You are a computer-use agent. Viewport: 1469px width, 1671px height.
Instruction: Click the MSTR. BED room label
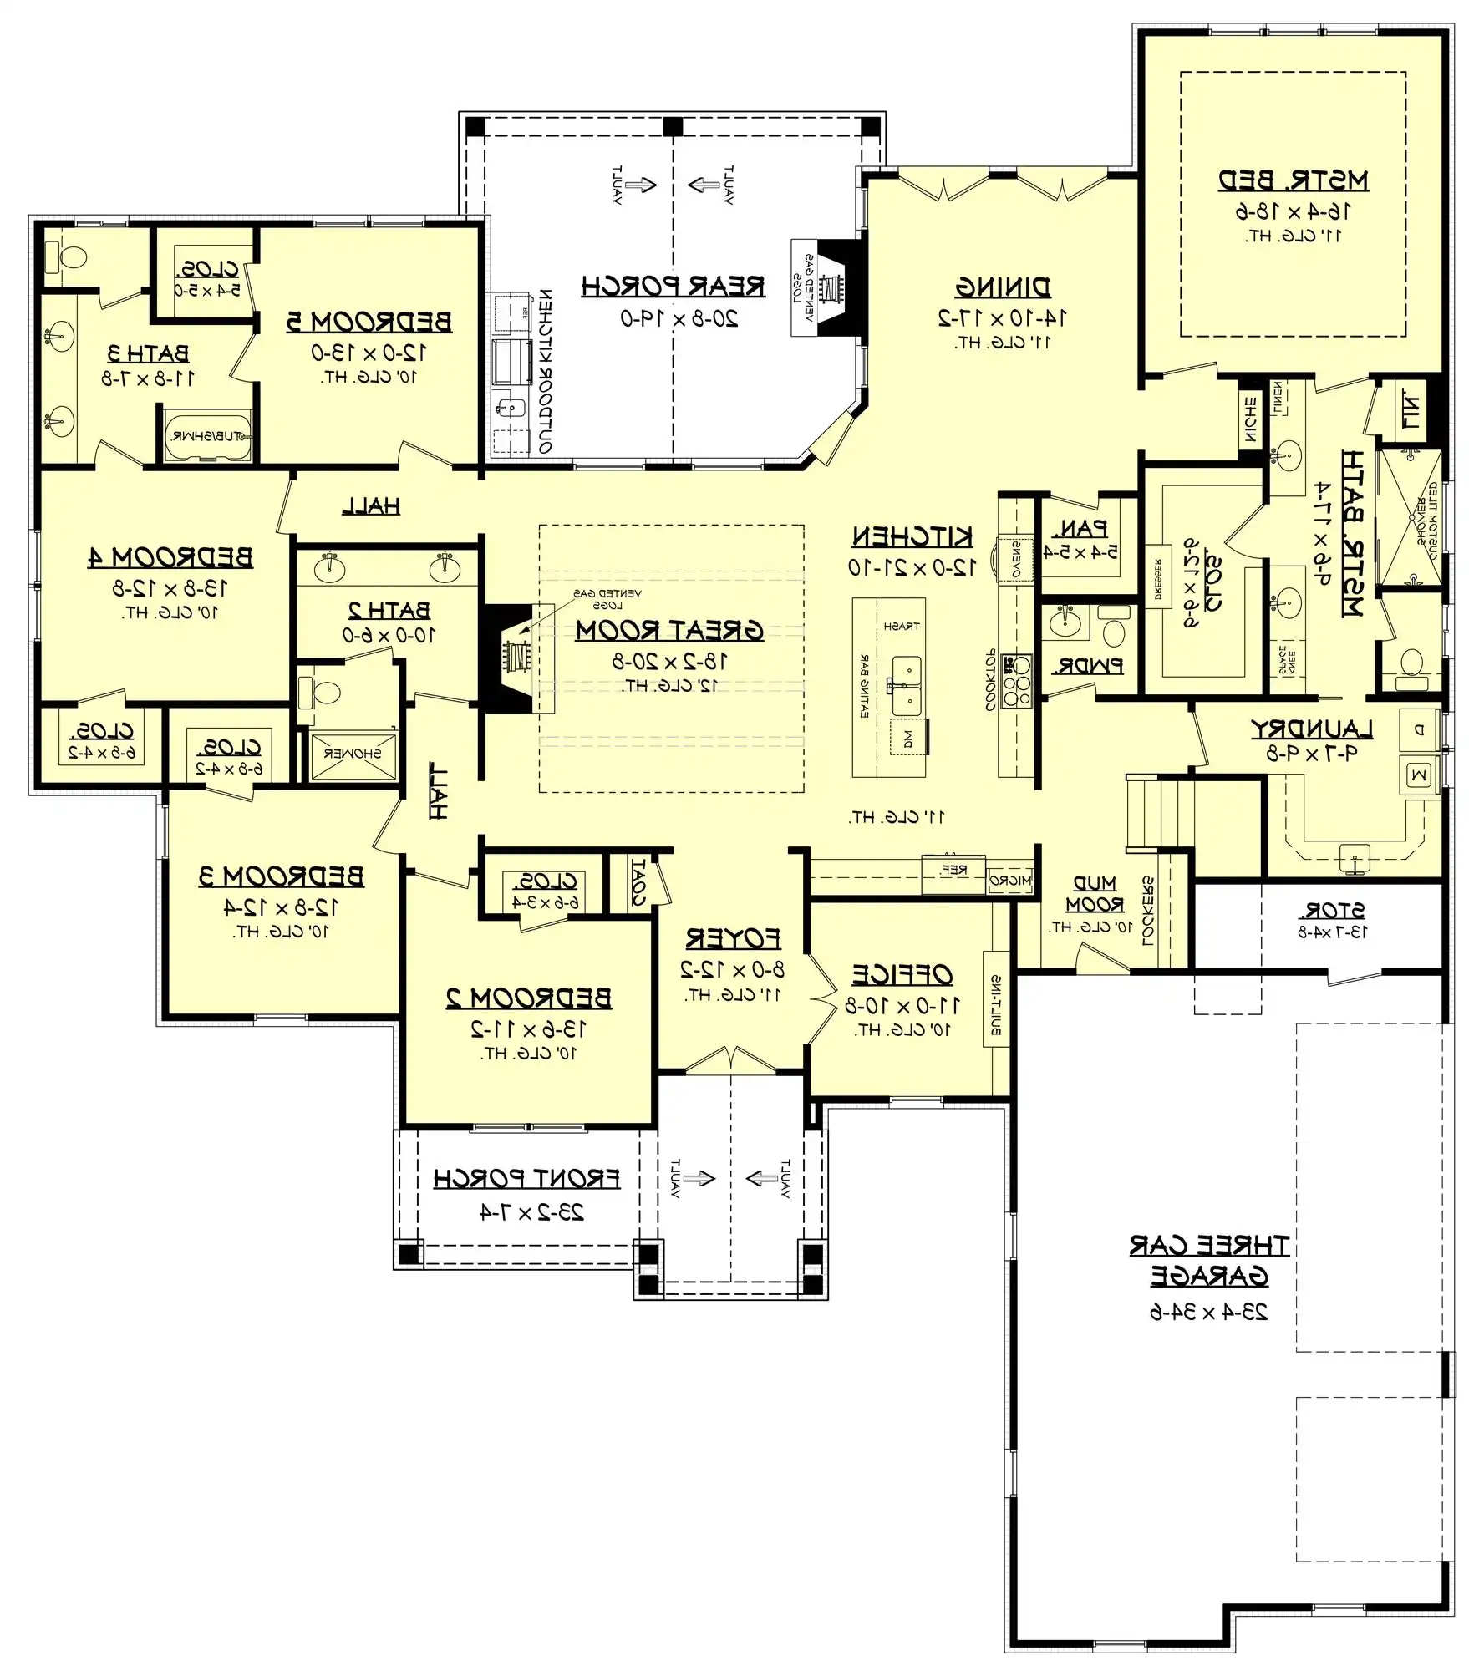tap(1293, 180)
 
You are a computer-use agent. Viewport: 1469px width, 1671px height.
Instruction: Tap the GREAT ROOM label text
tap(669, 630)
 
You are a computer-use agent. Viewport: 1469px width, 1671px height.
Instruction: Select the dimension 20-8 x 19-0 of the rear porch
tap(679, 318)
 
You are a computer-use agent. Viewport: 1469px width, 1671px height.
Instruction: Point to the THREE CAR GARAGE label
tap(1208, 1261)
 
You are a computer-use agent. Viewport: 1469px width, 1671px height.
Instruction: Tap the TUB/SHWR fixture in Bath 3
tap(207, 435)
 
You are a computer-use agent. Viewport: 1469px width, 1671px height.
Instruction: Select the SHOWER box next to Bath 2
tap(352, 754)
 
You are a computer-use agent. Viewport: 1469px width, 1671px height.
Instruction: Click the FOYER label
tap(733, 939)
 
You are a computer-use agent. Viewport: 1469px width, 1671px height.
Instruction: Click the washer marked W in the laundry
tap(1419, 776)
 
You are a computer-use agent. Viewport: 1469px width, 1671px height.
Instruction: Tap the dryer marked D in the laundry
tap(1419, 729)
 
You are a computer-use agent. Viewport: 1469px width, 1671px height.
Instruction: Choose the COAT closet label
tap(638, 882)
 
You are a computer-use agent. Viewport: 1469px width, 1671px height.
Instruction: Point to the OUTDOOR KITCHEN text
tap(544, 371)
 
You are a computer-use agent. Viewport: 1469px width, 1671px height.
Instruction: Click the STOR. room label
tap(1332, 911)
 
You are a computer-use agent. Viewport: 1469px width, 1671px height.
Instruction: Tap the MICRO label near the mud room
tap(1010, 880)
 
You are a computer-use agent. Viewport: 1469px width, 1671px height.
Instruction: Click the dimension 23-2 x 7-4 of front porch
tap(531, 1212)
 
